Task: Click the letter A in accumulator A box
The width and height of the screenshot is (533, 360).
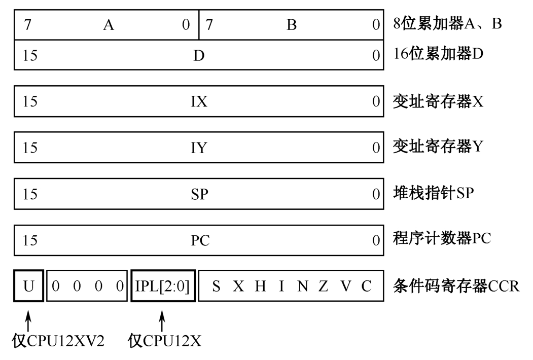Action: point(108,25)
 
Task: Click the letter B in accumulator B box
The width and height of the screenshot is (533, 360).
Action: point(291,25)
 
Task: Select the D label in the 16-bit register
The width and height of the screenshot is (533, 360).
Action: point(199,55)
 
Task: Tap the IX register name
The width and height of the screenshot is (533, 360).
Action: point(199,101)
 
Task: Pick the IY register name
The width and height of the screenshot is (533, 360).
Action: point(199,148)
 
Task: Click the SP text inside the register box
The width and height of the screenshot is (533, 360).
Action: point(199,194)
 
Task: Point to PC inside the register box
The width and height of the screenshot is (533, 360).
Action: point(200,240)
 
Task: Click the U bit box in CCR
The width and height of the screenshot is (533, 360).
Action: point(28,286)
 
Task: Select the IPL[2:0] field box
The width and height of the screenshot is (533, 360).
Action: point(163,286)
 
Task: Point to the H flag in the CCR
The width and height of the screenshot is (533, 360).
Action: point(260,286)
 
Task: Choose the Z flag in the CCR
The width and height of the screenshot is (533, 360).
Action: point(323,286)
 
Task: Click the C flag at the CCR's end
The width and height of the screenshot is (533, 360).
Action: point(366,286)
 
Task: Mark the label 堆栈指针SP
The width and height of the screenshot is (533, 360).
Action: point(433,193)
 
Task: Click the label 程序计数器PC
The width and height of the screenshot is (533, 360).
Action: point(442,238)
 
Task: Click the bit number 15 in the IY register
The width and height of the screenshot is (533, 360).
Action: point(30,148)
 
